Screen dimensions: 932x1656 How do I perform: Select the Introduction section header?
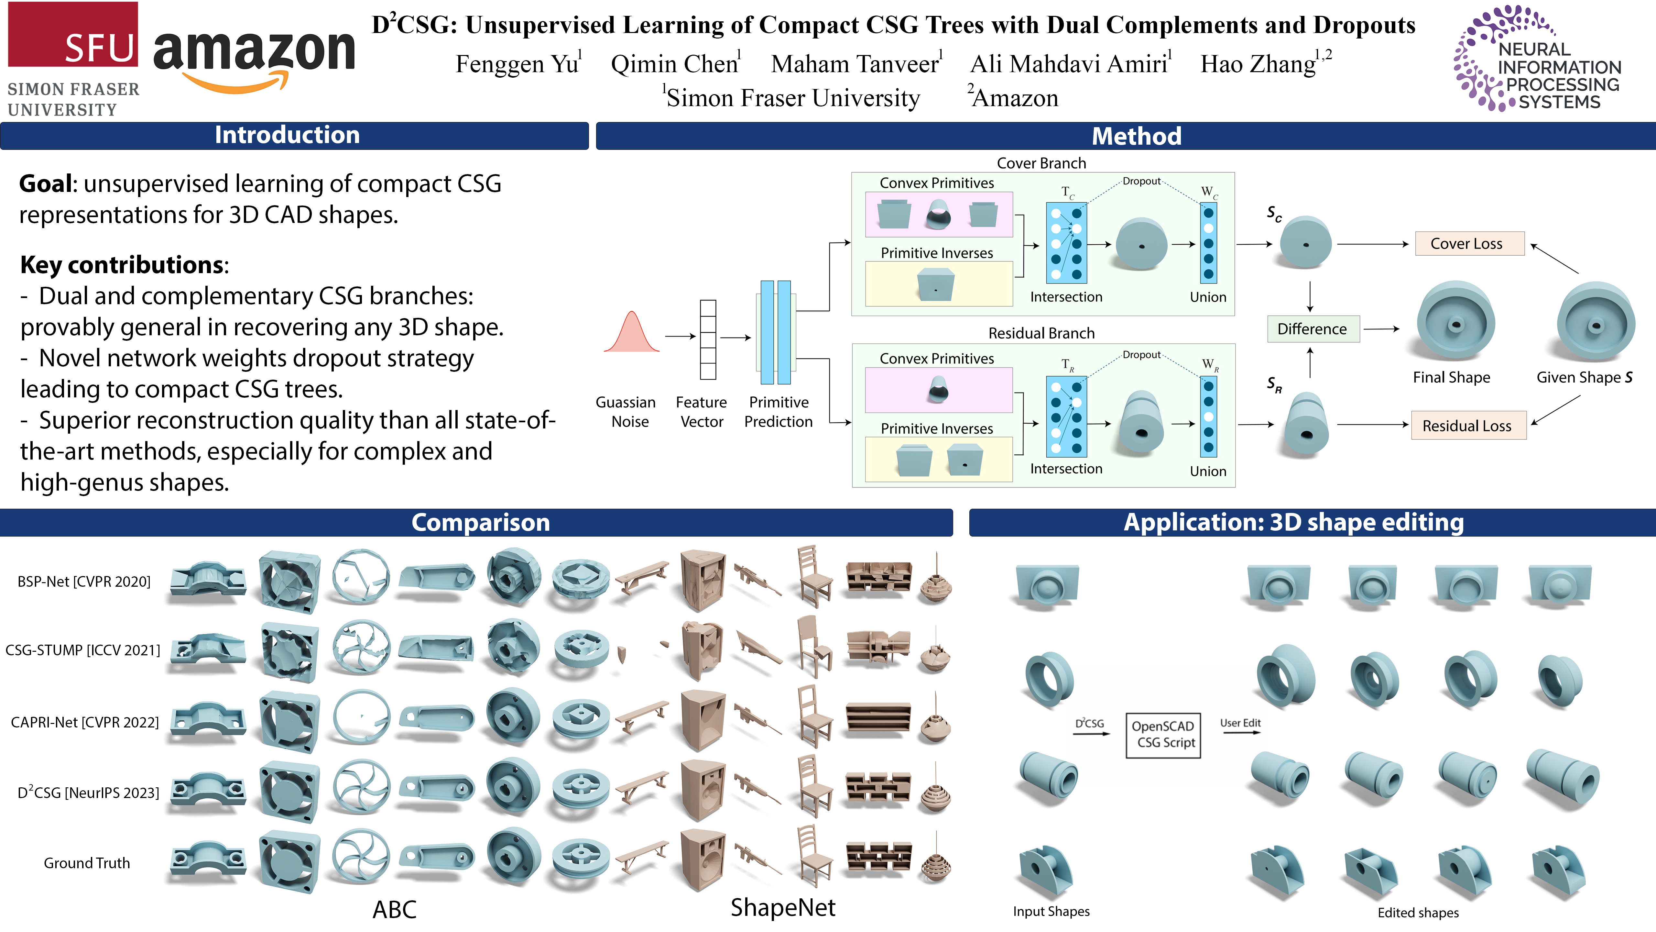coord(287,135)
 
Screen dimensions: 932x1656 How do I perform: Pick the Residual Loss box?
coord(1468,426)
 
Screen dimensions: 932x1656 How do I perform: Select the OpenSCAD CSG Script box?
coord(1163,735)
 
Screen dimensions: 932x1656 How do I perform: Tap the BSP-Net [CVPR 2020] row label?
coord(84,582)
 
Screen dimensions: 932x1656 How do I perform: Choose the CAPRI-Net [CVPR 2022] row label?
coord(84,722)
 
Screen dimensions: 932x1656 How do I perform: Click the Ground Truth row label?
coord(87,863)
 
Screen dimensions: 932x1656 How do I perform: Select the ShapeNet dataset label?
coord(783,907)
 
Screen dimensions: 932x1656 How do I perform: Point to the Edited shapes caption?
coord(1418,913)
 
